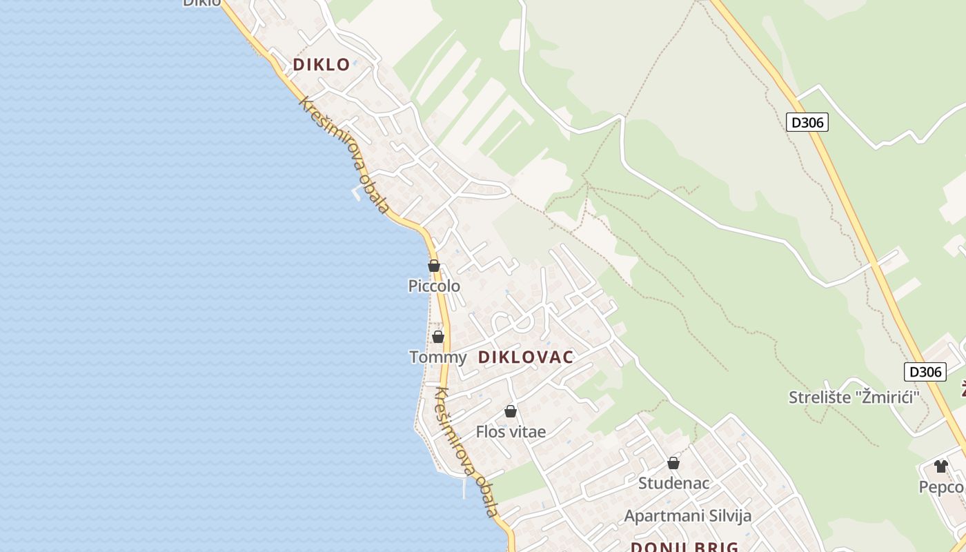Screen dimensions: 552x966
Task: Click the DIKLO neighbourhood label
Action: point(322,65)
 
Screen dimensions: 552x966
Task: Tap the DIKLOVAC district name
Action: point(526,357)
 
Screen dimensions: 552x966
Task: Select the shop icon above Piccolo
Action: point(434,266)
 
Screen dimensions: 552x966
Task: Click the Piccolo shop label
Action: point(434,286)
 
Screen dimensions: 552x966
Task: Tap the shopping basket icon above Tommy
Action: point(437,337)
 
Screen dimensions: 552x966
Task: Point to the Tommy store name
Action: point(437,357)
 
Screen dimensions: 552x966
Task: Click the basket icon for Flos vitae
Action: point(511,411)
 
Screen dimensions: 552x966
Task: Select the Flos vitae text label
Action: point(511,432)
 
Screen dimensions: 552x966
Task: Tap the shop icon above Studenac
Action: point(673,462)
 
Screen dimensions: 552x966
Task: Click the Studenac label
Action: point(673,483)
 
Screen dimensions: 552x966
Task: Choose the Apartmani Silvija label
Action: point(687,516)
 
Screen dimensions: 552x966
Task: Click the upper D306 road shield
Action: point(807,123)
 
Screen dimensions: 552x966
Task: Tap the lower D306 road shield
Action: point(925,372)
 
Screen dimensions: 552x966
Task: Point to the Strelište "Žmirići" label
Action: point(855,397)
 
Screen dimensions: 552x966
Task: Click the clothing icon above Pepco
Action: point(941,466)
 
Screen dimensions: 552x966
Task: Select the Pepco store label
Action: point(941,487)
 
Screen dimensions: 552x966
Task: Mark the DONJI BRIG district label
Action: point(684,547)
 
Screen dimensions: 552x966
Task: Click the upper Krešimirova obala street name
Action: point(344,155)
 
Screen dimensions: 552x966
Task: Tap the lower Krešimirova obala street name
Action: point(466,453)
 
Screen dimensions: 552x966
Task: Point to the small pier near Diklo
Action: point(356,194)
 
